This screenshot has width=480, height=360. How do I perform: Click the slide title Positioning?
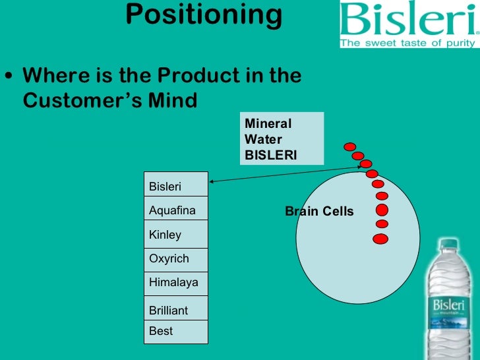click(x=204, y=15)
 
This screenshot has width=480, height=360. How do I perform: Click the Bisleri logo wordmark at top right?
click(x=407, y=20)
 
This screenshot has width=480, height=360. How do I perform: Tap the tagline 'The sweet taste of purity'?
click(x=407, y=44)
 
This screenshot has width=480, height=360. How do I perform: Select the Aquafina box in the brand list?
click(x=176, y=211)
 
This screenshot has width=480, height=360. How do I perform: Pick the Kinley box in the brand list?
click(x=176, y=235)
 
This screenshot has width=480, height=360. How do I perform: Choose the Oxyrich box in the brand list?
click(x=176, y=259)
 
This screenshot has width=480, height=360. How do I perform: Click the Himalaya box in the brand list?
click(x=176, y=284)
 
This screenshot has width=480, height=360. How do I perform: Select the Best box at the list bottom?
click(x=176, y=331)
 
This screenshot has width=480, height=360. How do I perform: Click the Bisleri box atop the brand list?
click(x=176, y=187)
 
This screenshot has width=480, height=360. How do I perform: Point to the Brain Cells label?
click(x=319, y=212)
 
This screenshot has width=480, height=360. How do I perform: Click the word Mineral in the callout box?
click(x=268, y=123)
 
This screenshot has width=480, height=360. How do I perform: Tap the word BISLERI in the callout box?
click(x=271, y=156)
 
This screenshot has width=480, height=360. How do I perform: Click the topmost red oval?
click(x=350, y=146)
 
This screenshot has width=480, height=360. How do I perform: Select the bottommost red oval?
click(x=380, y=239)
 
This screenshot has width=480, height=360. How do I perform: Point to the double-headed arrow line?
click(x=284, y=174)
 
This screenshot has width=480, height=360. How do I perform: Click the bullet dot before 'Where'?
click(x=8, y=75)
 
